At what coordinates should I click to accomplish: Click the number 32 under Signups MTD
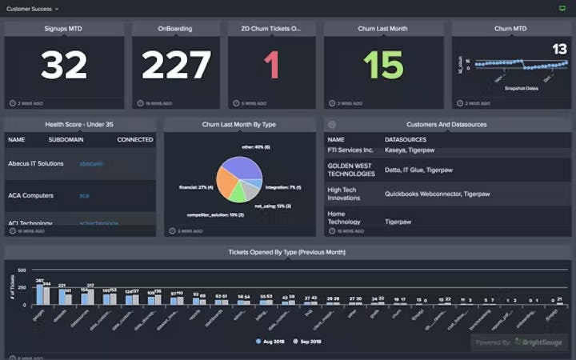click(64, 66)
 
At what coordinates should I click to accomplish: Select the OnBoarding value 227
click(176, 66)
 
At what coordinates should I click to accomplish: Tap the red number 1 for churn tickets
click(272, 66)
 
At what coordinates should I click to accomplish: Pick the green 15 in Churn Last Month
click(383, 66)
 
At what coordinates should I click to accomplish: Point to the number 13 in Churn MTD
click(559, 50)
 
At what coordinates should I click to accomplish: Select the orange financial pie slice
click(226, 186)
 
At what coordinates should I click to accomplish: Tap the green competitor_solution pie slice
click(238, 194)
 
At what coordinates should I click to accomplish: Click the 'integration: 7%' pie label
click(282, 186)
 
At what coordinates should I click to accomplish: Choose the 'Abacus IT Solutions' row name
click(35, 163)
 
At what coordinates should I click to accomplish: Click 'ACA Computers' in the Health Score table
click(31, 195)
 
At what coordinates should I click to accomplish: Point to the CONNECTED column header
click(135, 140)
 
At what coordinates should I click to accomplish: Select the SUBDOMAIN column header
click(66, 140)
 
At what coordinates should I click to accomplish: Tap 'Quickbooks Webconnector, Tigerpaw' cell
click(437, 194)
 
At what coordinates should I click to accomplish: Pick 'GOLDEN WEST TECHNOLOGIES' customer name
click(351, 170)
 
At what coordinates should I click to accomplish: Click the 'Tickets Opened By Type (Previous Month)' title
click(288, 253)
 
